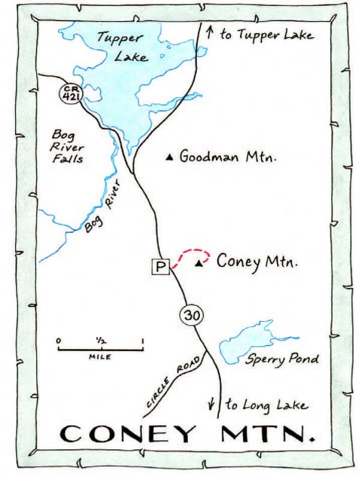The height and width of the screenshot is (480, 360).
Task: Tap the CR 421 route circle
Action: click(70, 93)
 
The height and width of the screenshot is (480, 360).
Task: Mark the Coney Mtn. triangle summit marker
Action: click(199, 263)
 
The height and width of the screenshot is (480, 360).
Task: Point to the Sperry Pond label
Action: click(281, 359)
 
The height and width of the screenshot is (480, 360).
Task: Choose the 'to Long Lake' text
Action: click(266, 406)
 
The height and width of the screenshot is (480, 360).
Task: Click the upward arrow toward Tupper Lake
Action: click(209, 32)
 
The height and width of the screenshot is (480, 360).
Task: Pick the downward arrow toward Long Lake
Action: click(212, 404)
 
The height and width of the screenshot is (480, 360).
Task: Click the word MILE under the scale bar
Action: click(100, 356)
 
